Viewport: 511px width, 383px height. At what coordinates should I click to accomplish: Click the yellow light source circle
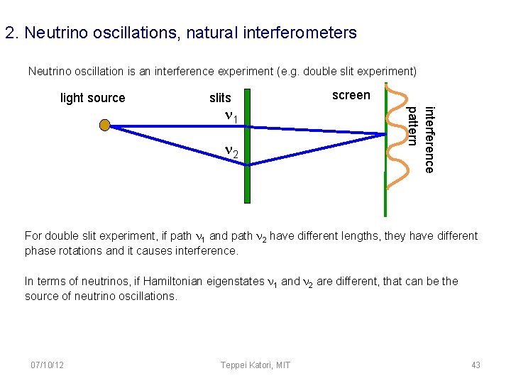(x=105, y=126)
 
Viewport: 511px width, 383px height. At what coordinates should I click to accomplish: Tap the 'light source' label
(x=92, y=98)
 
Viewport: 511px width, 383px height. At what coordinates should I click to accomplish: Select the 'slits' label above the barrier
(x=220, y=98)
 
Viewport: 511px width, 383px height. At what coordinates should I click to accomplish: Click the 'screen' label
(x=351, y=95)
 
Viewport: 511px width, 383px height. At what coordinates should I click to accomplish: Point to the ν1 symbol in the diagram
(x=233, y=116)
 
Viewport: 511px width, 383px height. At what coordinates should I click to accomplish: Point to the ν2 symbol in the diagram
(x=233, y=151)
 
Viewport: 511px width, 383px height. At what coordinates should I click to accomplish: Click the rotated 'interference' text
(x=428, y=139)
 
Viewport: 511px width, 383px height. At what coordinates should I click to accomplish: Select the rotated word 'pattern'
(x=412, y=126)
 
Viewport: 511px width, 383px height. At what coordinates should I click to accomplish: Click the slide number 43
(x=476, y=365)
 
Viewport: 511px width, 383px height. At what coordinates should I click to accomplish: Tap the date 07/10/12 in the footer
(x=48, y=365)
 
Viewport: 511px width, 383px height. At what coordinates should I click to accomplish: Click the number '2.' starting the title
(x=10, y=33)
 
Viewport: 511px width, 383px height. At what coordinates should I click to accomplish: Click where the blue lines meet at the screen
(x=384, y=133)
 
